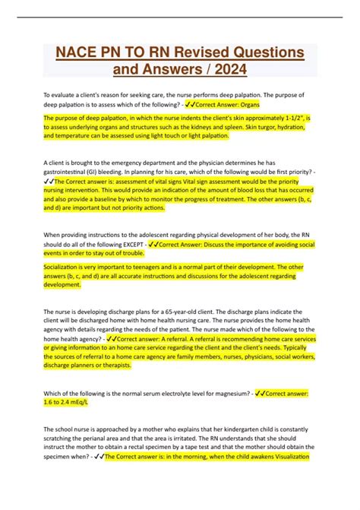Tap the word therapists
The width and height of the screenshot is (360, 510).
115,366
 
